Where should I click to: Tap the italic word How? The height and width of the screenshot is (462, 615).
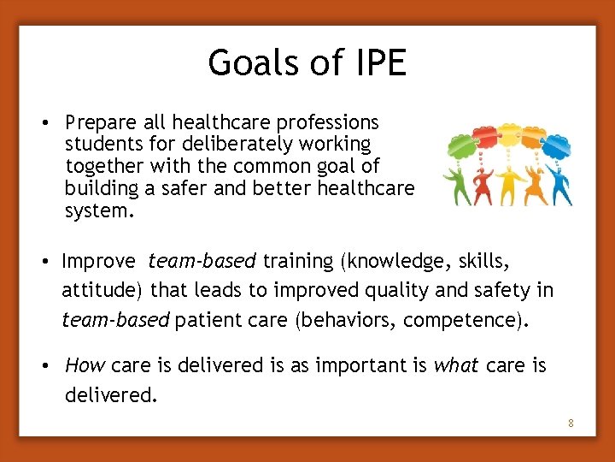tap(85, 366)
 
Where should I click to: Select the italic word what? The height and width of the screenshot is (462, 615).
tap(456, 366)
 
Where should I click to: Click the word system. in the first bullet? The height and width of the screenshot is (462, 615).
tap(100, 210)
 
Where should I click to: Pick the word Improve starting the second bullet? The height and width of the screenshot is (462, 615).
tap(98, 261)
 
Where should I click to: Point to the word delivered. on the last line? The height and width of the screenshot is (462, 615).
tap(112, 395)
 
